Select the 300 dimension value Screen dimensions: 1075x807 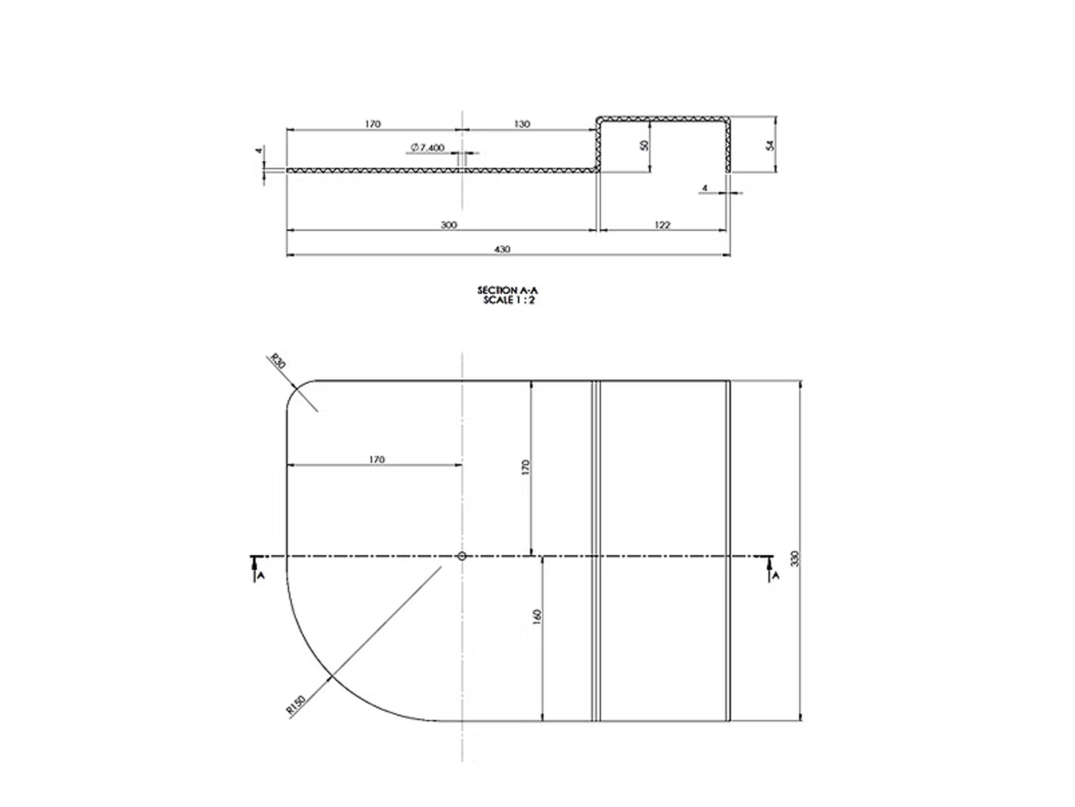tap(449, 225)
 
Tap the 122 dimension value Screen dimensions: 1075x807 tap(662, 225)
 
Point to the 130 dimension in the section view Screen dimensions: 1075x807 tap(522, 124)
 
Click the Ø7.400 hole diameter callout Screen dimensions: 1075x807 tap(427, 147)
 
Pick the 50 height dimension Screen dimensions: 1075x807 tap(644, 145)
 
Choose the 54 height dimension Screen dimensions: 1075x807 tap(770, 145)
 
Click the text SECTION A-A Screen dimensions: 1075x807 tap(507, 291)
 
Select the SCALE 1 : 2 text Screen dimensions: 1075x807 tap(509, 301)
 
